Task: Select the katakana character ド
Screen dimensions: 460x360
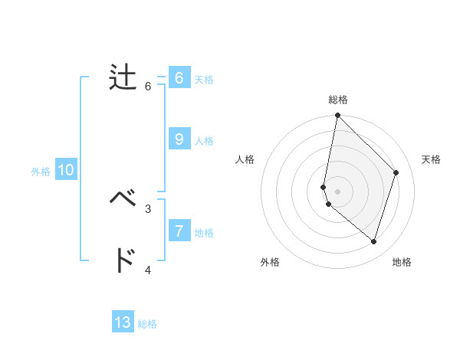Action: [123, 260]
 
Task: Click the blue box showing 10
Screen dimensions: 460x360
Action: [66, 171]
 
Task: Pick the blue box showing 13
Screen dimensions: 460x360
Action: [123, 322]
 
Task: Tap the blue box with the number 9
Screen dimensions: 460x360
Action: [179, 139]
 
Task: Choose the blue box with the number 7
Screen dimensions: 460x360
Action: [179, 231]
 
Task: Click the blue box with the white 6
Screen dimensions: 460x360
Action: [179, 77]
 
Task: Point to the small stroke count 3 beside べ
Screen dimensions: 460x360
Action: [148, 208]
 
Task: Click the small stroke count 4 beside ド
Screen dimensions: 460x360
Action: [148, 270]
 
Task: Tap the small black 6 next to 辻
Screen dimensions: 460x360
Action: [148, 87]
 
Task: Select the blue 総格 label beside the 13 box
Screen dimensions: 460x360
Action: [147, 324]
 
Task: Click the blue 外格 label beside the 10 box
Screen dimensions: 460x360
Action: [41, 172]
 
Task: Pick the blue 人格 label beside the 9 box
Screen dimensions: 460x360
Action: [204, 141]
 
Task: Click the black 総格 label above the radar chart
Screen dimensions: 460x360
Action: [337, 100]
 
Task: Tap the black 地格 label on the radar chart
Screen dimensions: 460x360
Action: [402, 262]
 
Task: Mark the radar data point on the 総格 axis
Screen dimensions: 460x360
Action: [337, 116]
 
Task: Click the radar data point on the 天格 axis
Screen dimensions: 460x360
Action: [396, 172]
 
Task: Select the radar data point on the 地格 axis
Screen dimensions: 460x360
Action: [373, 241]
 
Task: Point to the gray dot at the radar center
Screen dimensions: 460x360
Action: [337, 191]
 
